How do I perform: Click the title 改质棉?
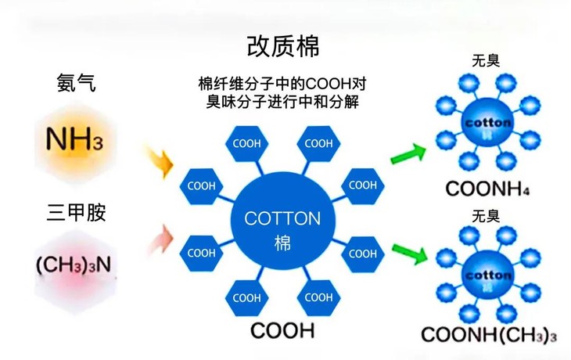[x=283, y=46]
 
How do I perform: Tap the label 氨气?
[x=76, y=82]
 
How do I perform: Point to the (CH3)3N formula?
[x=74, y=265]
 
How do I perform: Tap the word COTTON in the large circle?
[x=283, y=218]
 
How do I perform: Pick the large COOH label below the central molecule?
[x=282, y=330]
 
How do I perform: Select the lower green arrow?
[x=408, y=253]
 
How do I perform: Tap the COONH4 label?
[x=486, y=189]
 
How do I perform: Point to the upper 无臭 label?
[x=486, y=61]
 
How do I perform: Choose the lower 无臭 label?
[x=486, y=214]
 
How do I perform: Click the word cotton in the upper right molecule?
[x=487, y=123]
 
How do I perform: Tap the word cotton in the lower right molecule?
[x=487, y=275]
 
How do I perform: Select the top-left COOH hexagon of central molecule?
[x=246, y=143]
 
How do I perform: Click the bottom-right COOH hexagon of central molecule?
[x=318, y=297]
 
